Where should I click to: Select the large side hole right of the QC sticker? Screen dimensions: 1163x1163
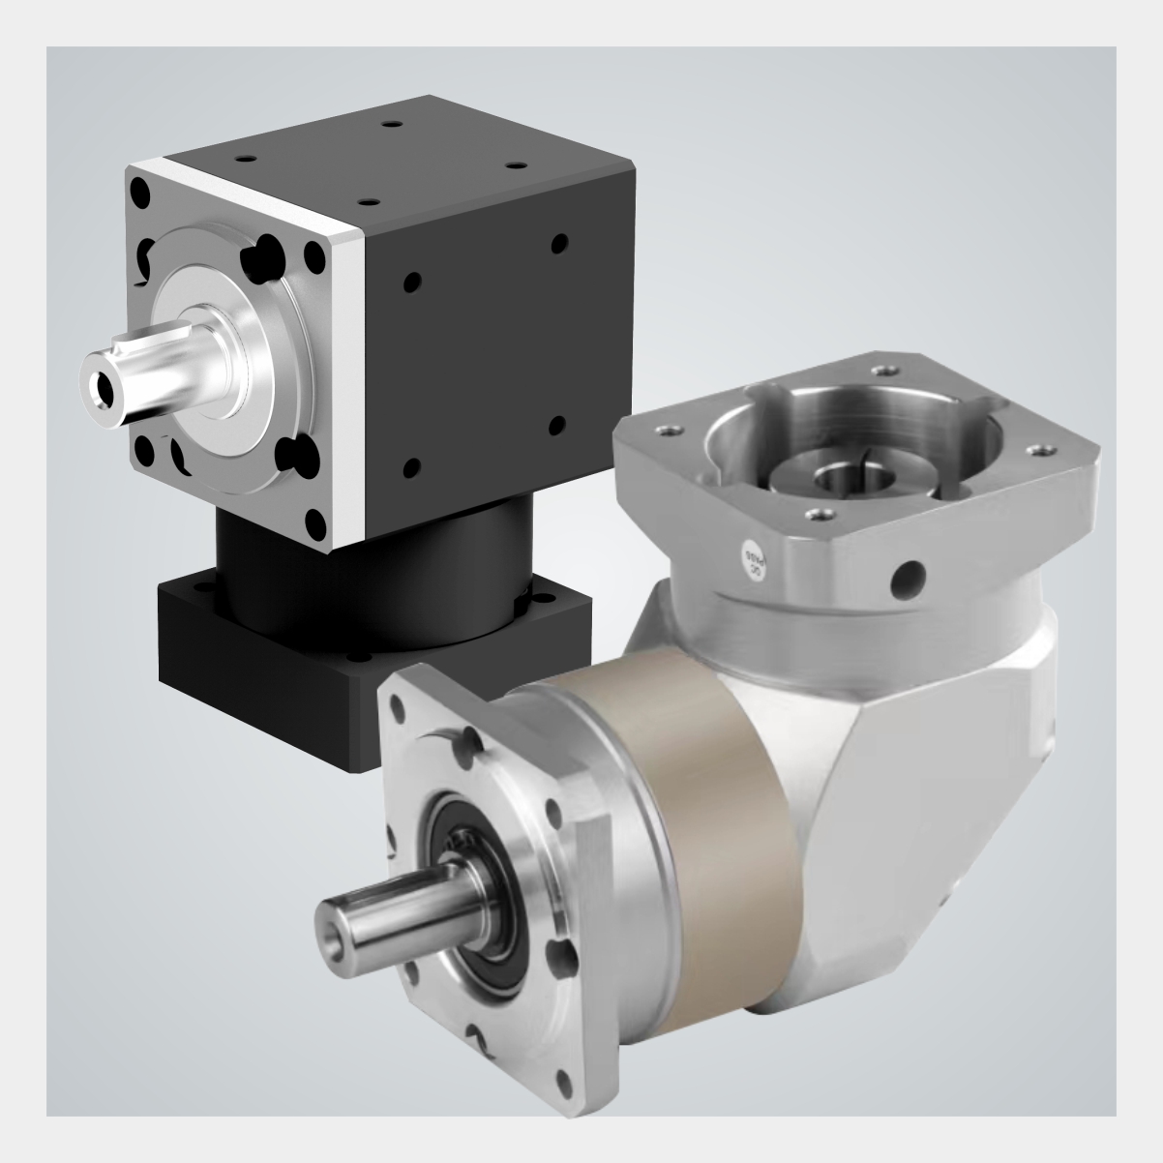[x=908, y=580]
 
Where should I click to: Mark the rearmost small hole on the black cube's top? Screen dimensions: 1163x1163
[x=390, y=126]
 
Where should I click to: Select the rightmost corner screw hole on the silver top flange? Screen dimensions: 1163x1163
[x=1043, y=450]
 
